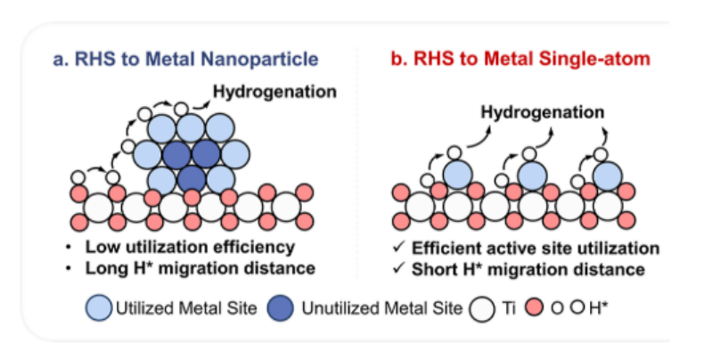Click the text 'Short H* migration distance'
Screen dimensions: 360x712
coord(530,268)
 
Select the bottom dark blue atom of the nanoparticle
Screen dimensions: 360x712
coord(192,178)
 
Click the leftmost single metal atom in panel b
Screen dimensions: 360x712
coord(457,174)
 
